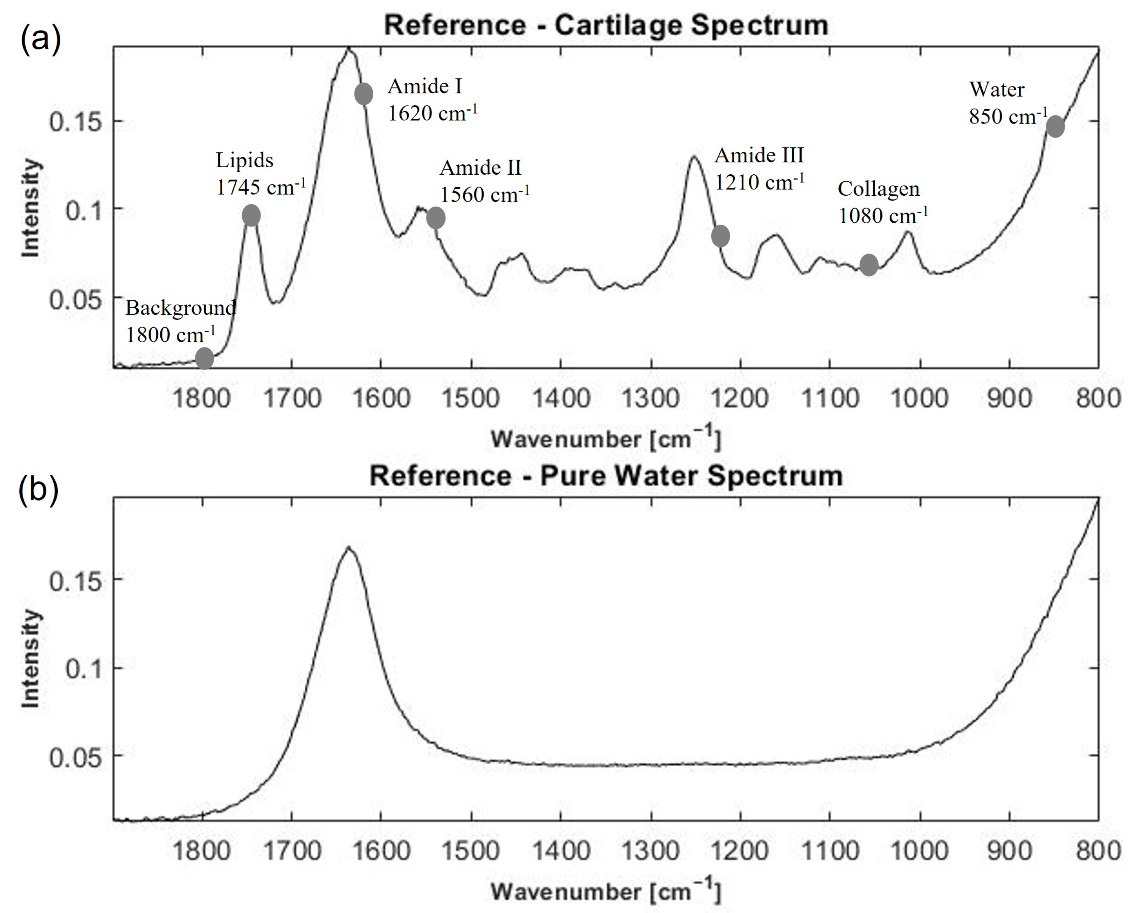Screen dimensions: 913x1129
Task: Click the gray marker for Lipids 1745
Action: coord(251,215)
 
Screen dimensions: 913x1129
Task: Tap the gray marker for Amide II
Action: coord(436,218)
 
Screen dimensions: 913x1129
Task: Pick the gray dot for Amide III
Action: coord(720,236)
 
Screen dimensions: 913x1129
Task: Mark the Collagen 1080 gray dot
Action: coord(868,265)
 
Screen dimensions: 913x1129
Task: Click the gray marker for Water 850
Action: coord(1055,127)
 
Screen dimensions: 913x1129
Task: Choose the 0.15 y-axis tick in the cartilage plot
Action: coord(74,122)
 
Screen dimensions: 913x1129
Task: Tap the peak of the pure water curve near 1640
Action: coord(348,548)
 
